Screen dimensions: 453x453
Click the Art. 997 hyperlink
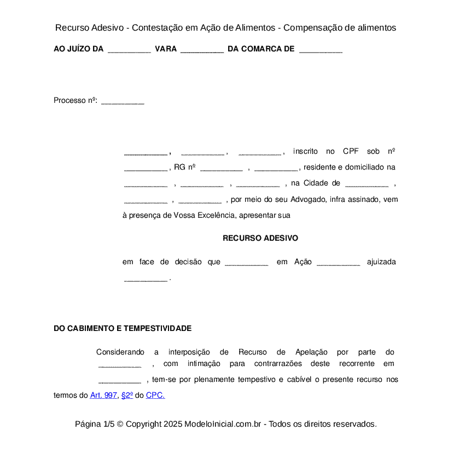coord(103,395)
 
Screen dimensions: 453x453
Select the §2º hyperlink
coord(127,395)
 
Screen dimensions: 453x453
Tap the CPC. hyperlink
coord(155,395)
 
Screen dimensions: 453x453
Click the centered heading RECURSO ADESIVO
coord(260,239)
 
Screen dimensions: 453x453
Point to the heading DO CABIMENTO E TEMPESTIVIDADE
coord(123,328)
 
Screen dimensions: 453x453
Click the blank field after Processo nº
coord(123,101)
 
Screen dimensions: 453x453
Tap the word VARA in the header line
coord(166,49)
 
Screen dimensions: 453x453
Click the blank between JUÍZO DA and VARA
coord(129,50)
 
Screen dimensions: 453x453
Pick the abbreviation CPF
coord(351,152)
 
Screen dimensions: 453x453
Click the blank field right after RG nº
coord(221,168)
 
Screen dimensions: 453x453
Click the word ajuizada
coord(381,262)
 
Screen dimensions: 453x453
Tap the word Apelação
coord(311,352)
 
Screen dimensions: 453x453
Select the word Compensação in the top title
coord(313,27)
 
